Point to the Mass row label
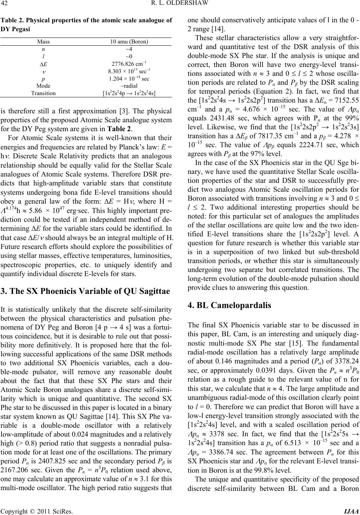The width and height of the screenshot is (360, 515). (44, 42)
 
